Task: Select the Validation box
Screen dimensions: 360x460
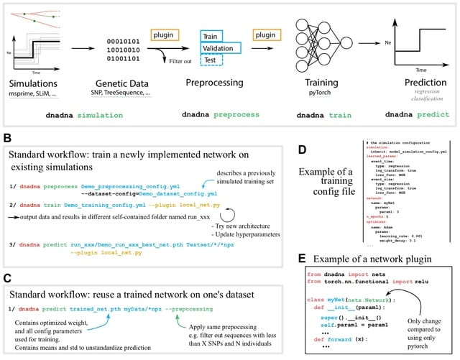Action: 221,49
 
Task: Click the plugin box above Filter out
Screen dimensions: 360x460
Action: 165,35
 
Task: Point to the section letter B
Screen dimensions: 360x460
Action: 8,137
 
